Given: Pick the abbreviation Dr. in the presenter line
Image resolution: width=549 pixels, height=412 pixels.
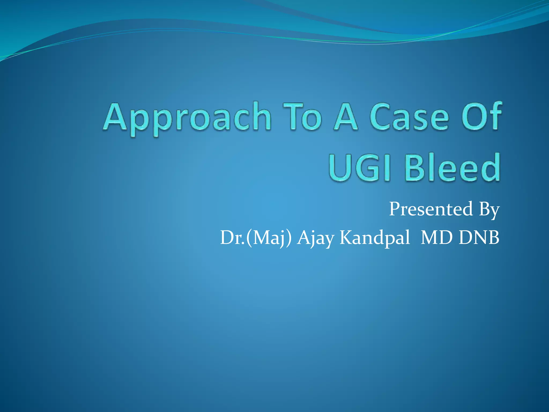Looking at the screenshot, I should (232, 238).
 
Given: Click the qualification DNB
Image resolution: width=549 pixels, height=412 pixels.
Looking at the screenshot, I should (479, 238).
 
